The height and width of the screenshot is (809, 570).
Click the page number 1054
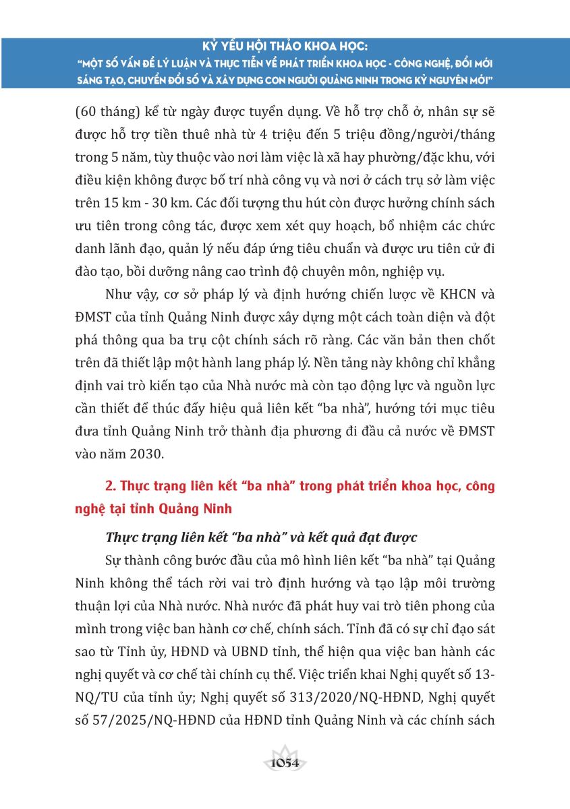pos(285,763)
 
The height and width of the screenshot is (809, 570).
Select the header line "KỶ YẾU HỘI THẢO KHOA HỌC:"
pos(285,47)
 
